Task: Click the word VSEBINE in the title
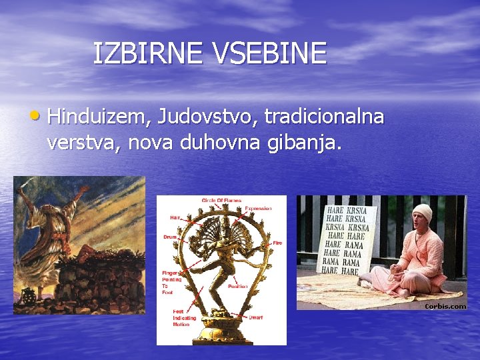point(270,53)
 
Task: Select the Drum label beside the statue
point(171,237)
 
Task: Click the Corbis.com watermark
point(445,306)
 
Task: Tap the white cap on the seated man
point(422,211)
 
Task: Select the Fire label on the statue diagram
point(277,243)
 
